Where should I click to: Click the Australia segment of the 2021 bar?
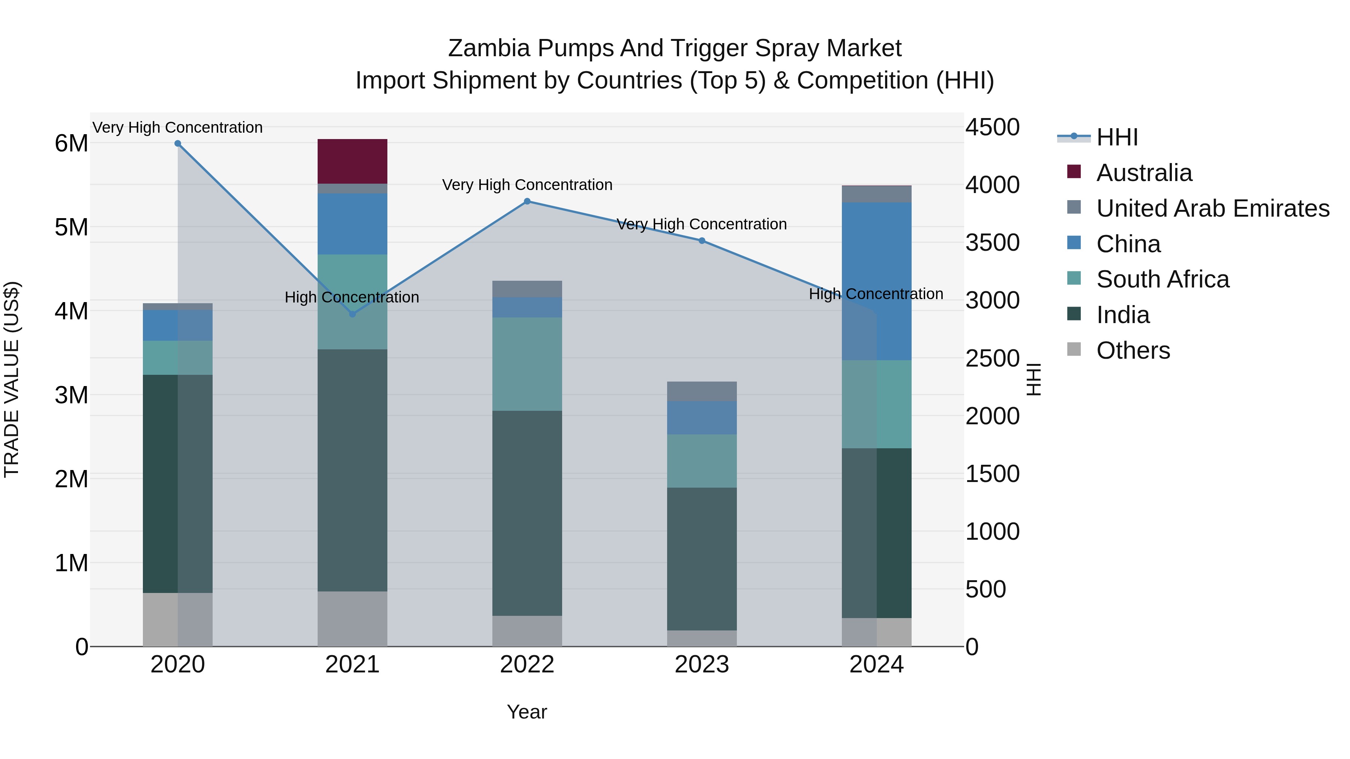[x=352, y=161]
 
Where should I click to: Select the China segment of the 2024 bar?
[x=876, y=281]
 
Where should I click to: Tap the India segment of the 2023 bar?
[x=702, y=558]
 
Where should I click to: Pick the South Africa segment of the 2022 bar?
[x=527, y=364]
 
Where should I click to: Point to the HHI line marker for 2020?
[x=178, y=144]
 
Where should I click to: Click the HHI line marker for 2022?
[x=527, y=201]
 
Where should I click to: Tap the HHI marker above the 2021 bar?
[x=352, y=314]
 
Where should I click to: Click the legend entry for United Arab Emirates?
[x=1212, y=208]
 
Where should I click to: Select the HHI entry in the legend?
[x=1117, y=137]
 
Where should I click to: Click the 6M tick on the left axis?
[x=71, y=144]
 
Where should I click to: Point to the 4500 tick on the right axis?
[x=992, y=127]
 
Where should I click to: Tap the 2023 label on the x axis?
[x=702, y=665]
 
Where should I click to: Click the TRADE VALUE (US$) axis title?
[x=12, y=379]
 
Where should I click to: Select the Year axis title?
[x=527, y=712]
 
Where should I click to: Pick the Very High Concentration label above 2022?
[x=527, y=185]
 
